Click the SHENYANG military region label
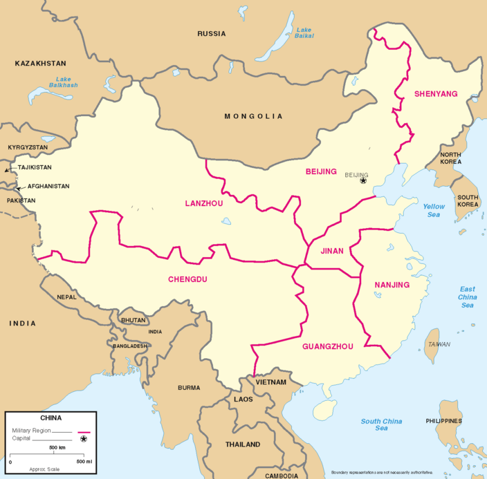436,94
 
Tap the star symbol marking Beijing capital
363,181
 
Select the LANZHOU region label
204,203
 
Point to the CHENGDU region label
187,279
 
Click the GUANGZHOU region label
328,346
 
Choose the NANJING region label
392,285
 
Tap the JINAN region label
332,251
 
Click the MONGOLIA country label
253,116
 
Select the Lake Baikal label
304,33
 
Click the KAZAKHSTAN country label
40,63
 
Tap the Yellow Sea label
434,211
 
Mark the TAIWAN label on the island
439,344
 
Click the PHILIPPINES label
444,421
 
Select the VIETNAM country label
270,382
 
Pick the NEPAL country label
67,297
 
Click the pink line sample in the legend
84,431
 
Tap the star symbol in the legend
84,438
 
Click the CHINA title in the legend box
50,418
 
